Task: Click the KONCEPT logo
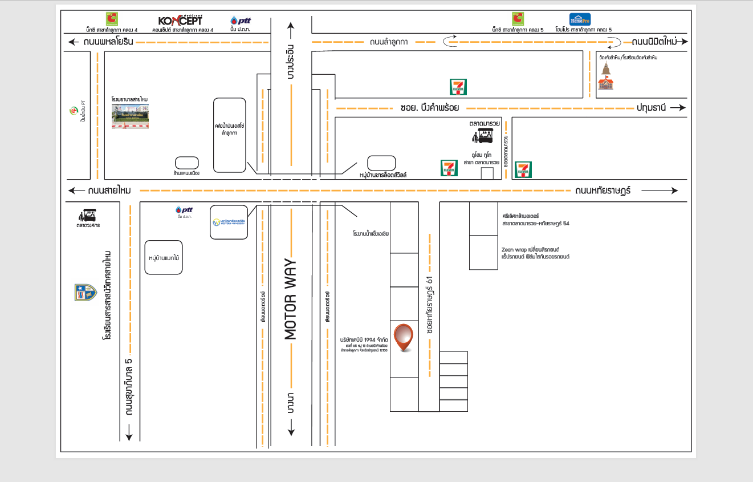[180, 20]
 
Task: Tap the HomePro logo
[580, 19]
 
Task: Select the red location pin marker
[404, 337]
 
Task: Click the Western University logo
[229, 222]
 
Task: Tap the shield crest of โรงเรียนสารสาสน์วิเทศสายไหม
[86, 293]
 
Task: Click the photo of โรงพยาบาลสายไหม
[130, 116]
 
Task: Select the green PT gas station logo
[73, 110]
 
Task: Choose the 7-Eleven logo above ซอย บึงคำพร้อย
[459, 87]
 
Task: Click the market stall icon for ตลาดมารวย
[484, 136]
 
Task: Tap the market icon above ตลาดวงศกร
[89, 216]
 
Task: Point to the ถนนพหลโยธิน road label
[108, 42]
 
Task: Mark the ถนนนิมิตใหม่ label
[654, 42]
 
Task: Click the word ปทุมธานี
[651, 108]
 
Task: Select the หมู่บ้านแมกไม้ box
[164, 258]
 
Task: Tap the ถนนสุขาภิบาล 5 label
[129, 387]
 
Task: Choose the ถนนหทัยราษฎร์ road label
[603, 191]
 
